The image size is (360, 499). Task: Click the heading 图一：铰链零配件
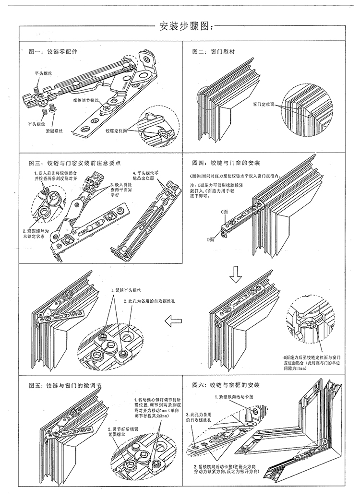coord(53,51)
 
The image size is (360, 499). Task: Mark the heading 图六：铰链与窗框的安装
coord(226,385)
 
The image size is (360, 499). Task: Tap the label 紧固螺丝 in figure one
coord(55,130)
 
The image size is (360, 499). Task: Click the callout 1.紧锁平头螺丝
coord(126,290)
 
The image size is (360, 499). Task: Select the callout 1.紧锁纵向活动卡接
coord(235,398)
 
